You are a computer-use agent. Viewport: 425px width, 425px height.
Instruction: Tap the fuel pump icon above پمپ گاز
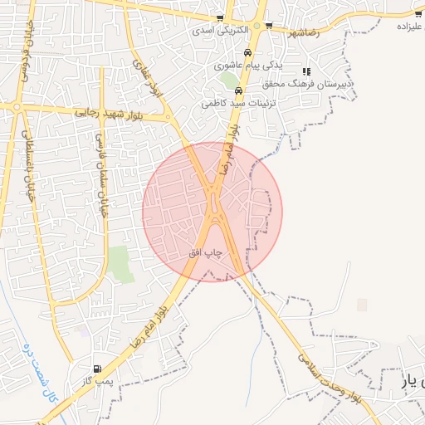pos(99,369)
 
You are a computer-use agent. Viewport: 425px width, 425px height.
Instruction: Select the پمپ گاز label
pos(96,380)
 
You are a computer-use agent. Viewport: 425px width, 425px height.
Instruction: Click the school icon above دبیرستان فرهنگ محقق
pos(306,72)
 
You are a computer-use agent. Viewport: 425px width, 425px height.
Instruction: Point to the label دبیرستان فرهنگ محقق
pos(313,84)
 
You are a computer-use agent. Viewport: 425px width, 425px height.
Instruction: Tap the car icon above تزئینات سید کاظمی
pos(238,91)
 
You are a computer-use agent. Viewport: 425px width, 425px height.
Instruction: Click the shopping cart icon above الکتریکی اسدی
pos(219,17)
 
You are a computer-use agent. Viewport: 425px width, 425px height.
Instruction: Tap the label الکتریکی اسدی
pos(213,30)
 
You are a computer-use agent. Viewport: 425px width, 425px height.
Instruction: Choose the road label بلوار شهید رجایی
pos(110,111)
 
